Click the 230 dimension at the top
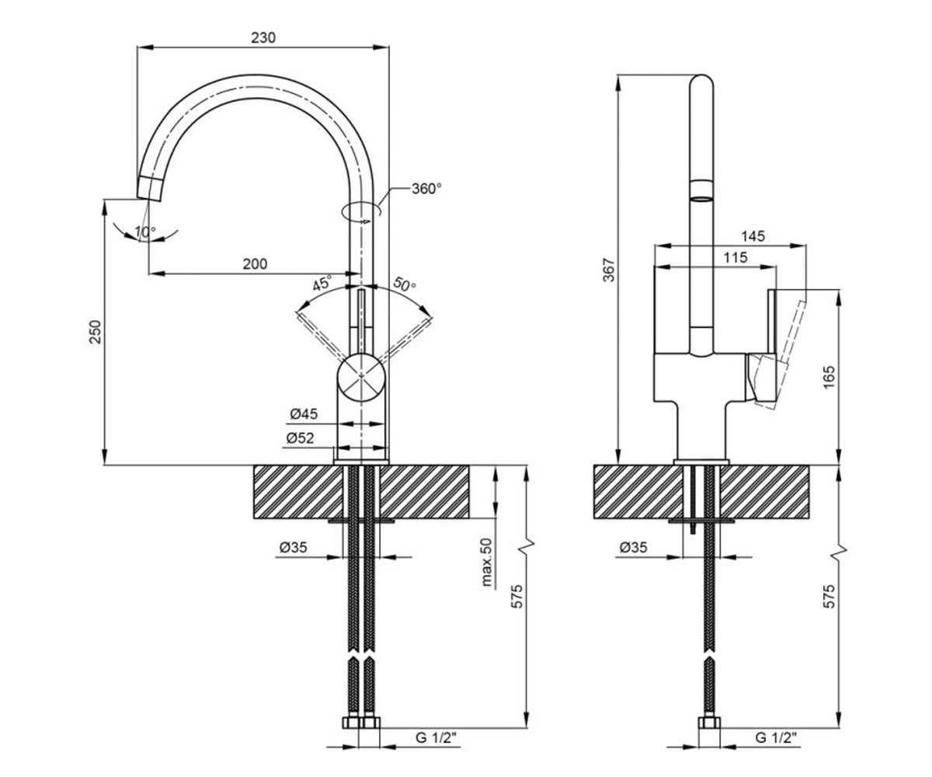[x=263, y=38]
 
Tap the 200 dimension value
[x=255, y=264]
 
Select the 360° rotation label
[x=426, y=189]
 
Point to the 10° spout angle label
[x=145, y=232]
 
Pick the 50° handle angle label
[x=405, y=284]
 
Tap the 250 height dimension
[x=96, y=331]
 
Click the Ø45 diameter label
[x=304, y=414]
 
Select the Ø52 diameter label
[x=300, y=438]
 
